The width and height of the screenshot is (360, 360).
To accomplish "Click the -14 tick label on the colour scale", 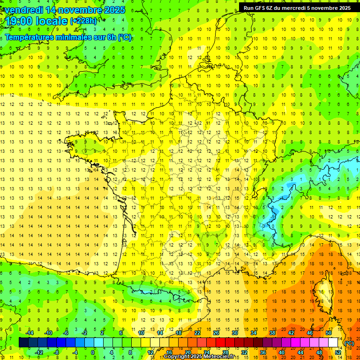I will (29, 333).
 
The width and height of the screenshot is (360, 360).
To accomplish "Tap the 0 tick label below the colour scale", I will (93, 352).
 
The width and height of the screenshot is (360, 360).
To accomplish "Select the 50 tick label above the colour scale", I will (329, 333).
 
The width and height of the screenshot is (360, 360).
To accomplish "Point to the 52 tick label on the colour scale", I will (338, 352).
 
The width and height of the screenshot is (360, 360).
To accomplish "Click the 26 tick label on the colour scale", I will (216, 333).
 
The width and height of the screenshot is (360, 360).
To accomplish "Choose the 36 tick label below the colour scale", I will (263, 352).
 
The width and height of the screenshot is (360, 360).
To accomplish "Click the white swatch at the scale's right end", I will (333, 343).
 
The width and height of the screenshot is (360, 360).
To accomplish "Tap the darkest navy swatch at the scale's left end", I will (23, 343).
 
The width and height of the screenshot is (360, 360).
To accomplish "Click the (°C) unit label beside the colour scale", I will (349, 343).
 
